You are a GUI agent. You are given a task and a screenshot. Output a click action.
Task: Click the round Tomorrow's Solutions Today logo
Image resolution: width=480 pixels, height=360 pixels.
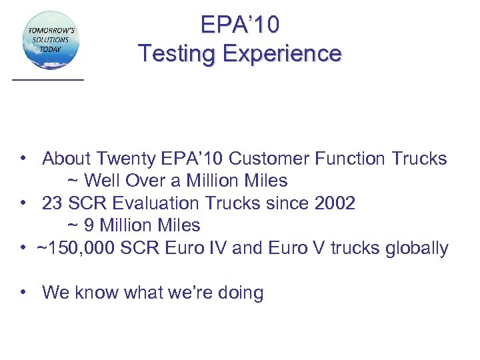(51, 39)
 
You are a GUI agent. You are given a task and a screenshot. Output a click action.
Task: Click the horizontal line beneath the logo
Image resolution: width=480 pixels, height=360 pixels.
(48, 79)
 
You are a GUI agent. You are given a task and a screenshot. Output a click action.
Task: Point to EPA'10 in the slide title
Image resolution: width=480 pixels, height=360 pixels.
(240, 25)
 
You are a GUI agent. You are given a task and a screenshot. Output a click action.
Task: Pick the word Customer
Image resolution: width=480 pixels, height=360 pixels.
(264, 159)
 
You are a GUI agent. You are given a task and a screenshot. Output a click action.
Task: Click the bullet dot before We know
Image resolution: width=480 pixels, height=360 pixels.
(23, 291)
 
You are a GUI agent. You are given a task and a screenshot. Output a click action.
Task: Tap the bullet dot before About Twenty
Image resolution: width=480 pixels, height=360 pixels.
(23, 158)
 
